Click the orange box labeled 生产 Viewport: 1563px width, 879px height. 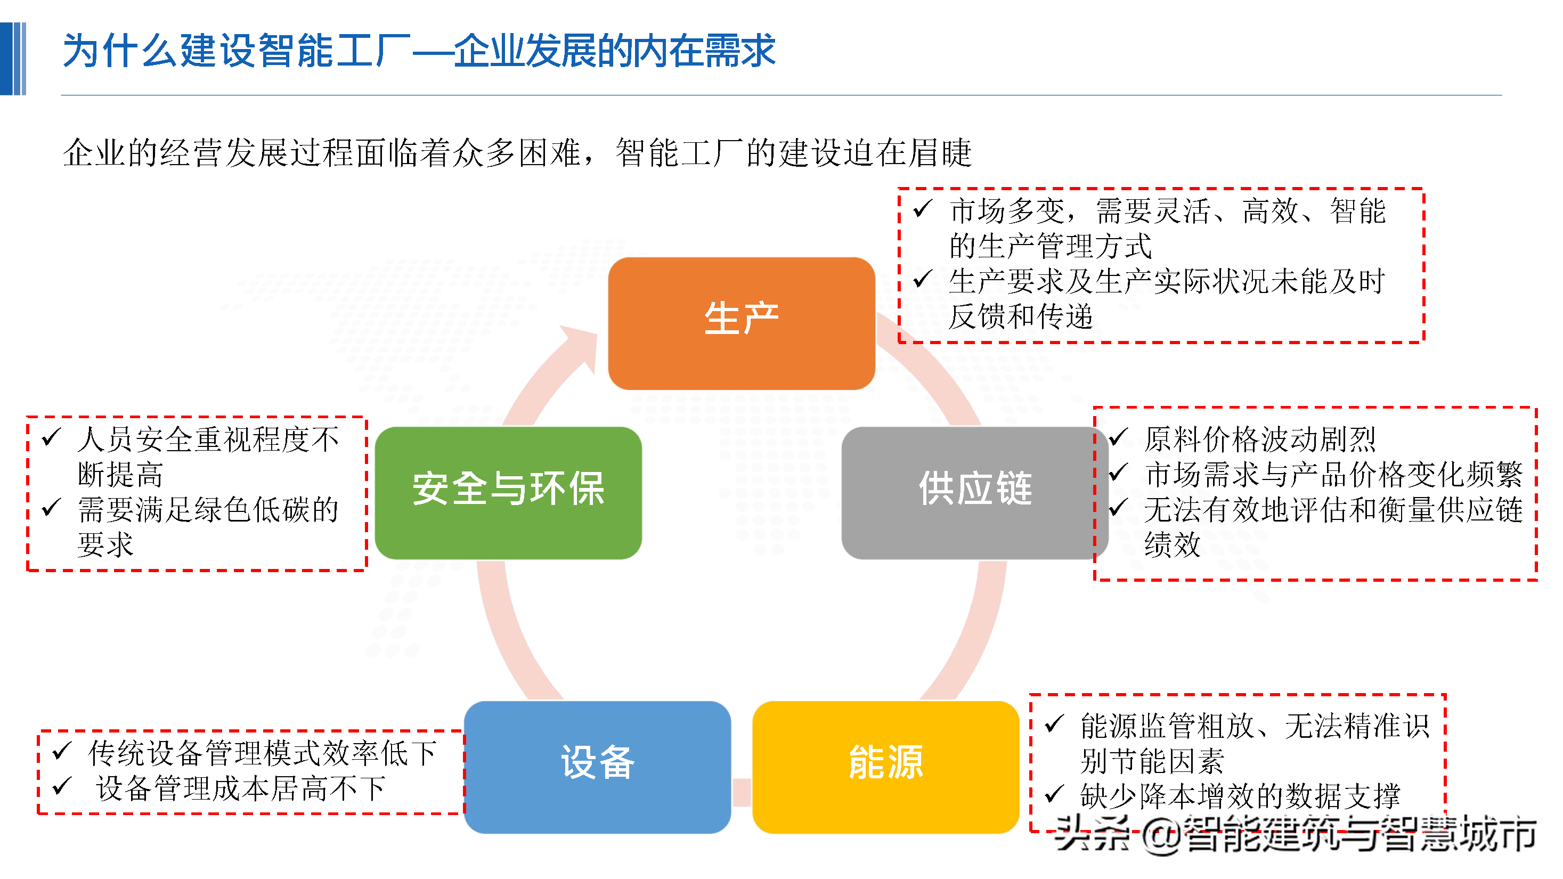(x=741, y=323)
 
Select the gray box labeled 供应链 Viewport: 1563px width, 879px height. (x=974, y=493)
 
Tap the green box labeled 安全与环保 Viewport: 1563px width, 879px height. (x=508, y=493)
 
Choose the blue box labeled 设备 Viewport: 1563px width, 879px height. (x=597, y=767)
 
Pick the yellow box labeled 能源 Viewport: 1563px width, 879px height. (x=885, y=767)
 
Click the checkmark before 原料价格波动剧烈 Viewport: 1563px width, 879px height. (x=1118, y=437)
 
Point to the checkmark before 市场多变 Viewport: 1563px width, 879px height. (x=922, y=209)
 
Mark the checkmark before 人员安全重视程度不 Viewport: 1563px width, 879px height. (x=52, y=437)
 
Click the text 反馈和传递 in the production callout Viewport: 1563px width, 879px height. (x=1021, y=316)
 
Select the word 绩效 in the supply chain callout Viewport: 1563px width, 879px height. (x=1171, y=544)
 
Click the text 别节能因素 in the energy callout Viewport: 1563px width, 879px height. (x=1152, y=761)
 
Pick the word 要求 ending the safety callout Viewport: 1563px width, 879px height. (x=105, y=544)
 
